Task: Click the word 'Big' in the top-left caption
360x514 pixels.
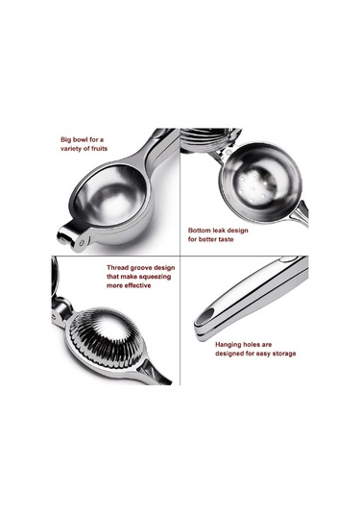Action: point(65,139)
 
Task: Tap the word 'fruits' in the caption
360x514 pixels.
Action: point(100,149)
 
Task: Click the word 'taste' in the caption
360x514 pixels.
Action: point(226,239)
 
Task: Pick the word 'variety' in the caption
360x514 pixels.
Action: point(71,149)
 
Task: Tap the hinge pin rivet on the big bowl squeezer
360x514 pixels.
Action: point(82,242)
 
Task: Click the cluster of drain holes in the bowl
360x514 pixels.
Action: point(252,187)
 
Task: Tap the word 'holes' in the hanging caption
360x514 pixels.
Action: point(252,345)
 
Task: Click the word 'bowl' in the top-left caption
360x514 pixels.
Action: point(80,139)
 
